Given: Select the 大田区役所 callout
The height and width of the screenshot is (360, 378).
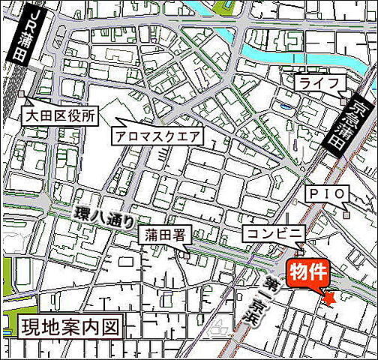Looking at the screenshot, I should (60, 117).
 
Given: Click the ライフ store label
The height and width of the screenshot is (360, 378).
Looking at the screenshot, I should (320, 82).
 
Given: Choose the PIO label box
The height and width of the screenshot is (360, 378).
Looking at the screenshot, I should (328, 194).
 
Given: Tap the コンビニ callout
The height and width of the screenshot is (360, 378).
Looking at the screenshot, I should (272, 234).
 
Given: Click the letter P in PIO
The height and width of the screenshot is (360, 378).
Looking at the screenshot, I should (314, 194).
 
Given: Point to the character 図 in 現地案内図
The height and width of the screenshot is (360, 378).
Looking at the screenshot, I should (112, 326).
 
